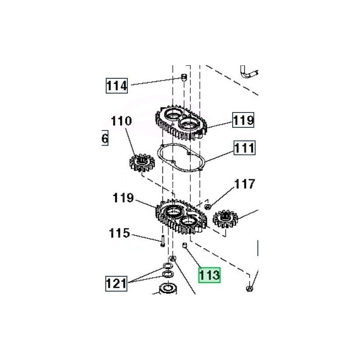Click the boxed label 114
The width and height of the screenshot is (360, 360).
click(117, 85)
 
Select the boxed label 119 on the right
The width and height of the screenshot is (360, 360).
click(243, 120)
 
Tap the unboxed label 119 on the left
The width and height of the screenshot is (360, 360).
click(123, 198)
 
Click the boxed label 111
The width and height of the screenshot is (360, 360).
click(244, 148)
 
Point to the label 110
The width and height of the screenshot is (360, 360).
click(121, 121)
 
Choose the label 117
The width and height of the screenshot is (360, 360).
click(244, 184)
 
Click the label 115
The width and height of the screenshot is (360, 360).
click(119, 233)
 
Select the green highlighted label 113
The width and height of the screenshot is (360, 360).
click(209, 275)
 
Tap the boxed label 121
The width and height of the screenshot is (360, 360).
click(116, 283)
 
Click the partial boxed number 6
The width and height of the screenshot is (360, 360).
click(105, 139)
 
